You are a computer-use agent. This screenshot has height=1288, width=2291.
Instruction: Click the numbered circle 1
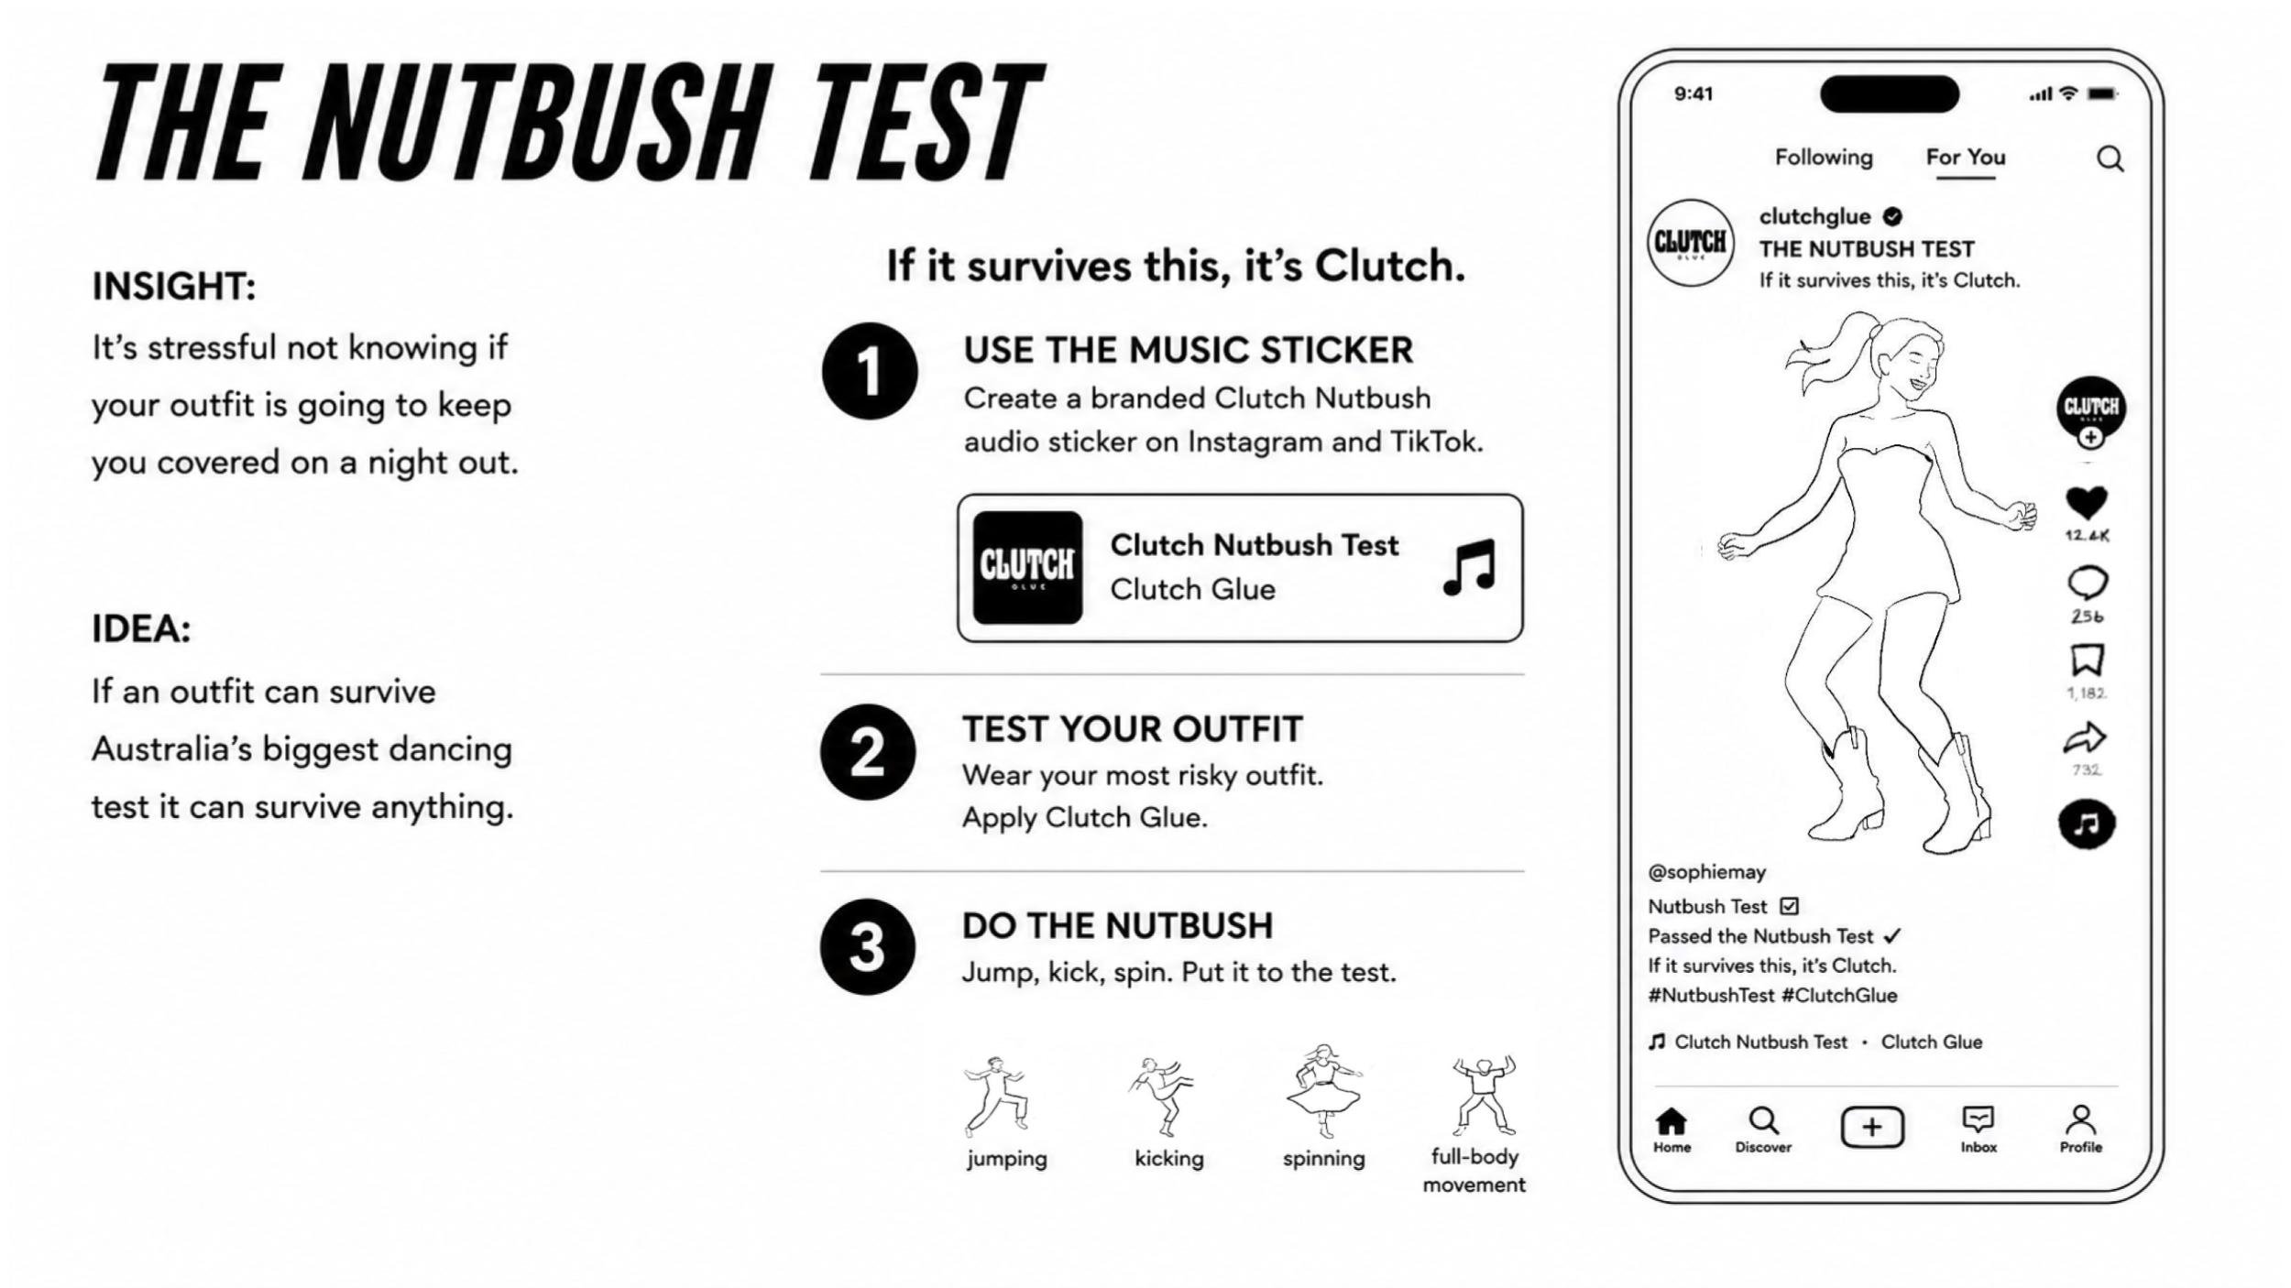coord(870,371)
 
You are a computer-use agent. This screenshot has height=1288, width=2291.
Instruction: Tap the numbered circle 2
coord(868,752)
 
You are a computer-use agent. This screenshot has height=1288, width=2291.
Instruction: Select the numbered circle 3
coord(868,946)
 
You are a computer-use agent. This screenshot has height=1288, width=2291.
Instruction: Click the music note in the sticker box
coord(1469,567)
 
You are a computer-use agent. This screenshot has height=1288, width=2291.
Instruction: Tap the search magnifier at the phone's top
coord(2110,159)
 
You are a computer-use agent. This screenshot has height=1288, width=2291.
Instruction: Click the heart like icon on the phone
coord(2087,502)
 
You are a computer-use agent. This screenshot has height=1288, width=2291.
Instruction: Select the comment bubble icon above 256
coord(2088,583)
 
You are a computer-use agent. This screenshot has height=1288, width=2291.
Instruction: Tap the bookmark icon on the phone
coord(2087,660)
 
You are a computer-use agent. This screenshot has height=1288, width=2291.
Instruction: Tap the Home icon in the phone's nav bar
coord(1672,1120)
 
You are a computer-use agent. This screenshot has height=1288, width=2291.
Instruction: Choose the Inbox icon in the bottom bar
coord(1979,1119)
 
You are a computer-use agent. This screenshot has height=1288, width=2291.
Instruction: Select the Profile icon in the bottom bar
coord(2081,1119)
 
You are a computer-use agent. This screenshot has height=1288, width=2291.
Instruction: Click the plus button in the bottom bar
coord(1872,1127)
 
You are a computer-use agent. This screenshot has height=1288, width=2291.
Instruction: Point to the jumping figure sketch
coord(996,1096)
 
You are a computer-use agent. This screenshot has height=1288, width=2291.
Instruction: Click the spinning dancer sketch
coord(1324,1090)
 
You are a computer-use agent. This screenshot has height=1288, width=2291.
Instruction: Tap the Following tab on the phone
coord(1824,158)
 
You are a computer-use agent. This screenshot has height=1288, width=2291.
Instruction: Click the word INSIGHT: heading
coord(174,287)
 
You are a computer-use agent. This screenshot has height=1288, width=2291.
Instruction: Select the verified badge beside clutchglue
coord(1892,217)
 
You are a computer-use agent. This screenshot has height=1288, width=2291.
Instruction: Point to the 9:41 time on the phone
coord(1694,93)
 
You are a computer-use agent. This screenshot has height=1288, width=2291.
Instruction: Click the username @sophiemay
coord(1706,872)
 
